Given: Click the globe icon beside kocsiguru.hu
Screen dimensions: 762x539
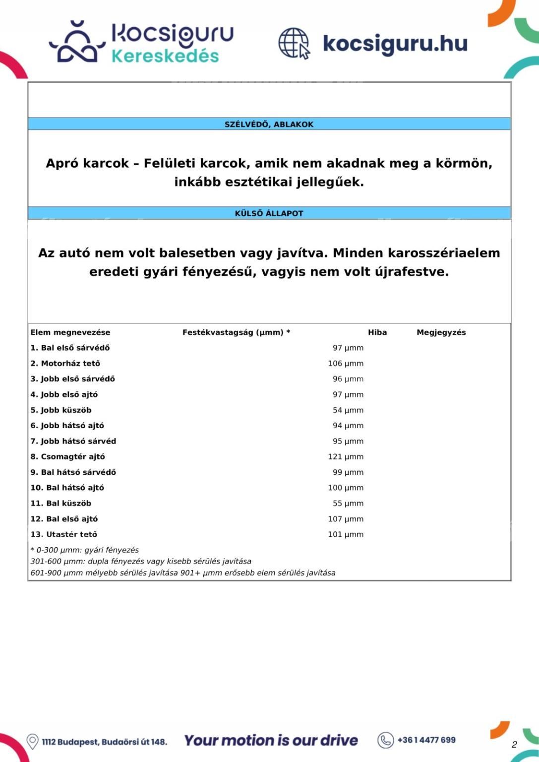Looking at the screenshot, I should coord(294,43).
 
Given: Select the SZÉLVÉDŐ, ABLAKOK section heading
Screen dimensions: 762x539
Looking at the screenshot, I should coord(269,124).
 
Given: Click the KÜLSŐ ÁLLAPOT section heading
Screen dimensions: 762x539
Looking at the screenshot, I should coord(269,213).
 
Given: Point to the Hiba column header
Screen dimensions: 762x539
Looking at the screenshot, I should coord(377,332).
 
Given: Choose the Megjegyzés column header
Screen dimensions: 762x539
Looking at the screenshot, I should coord(441,332).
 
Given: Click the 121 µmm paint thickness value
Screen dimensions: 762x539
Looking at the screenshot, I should coord(346,456).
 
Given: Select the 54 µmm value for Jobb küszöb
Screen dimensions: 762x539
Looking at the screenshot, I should coord(348,410).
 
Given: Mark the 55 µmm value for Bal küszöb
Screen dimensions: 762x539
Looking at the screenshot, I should coord(348,503).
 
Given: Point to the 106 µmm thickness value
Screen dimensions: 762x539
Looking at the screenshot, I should coord(346,363).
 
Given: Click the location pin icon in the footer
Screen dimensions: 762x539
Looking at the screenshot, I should coord(33,741).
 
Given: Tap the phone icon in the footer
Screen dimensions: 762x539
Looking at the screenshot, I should coord(385,740).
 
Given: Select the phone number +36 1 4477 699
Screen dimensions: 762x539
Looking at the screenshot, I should coord(426,740).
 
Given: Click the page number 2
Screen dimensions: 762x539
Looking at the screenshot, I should coord(514,744).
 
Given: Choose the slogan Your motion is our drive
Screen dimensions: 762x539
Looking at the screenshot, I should coord(271,741).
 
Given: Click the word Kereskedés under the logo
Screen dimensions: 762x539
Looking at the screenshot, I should coord(165,56).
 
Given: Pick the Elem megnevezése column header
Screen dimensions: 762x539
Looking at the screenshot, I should coord(70,332).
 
